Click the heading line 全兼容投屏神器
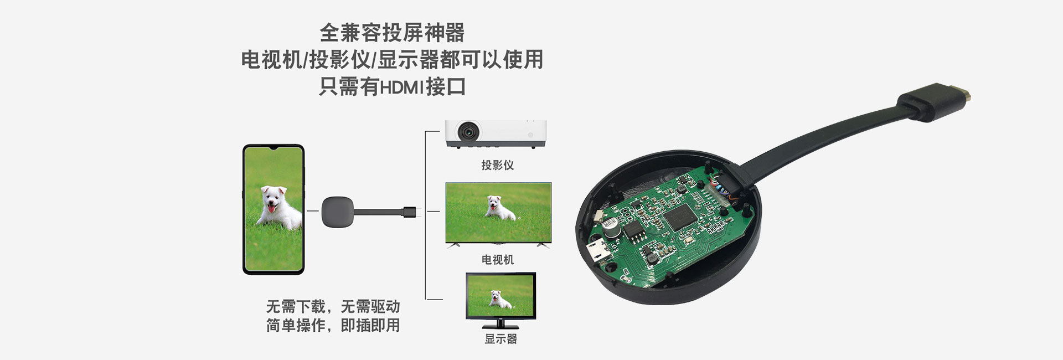[392, 33]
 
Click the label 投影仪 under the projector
[497, 165]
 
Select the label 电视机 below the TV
[497, 260]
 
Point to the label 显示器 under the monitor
[500, 339]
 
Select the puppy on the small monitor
[500, 300]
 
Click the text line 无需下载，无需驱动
[333, 306]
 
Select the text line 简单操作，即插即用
[333, 325]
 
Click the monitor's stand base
[500, 326]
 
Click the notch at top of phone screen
[274, 148]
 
